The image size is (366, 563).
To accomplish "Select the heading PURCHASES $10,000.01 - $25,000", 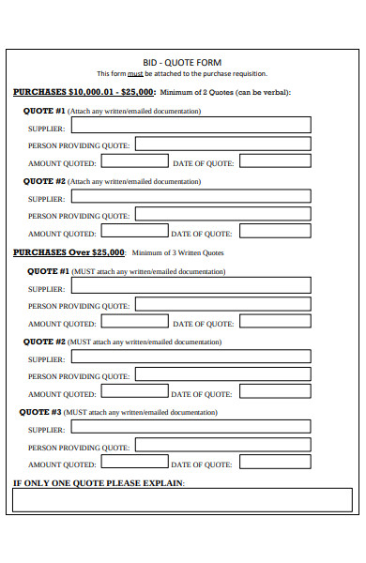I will pyautogui.click(x=84, y=93).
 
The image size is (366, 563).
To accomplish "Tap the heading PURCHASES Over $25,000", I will pyautogui.click(x=69, y=252).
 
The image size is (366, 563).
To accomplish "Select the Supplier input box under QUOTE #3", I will pyautogui.click(x=191, y=429).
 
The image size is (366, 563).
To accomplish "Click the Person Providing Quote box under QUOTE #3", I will pyautogui.click(x=223, y=447).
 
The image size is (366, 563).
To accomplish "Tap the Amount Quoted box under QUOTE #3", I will pyautogui.click(x=133, y=464).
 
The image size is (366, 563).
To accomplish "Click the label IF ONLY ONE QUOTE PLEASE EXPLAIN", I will pyautogui.click(x=99, y=483).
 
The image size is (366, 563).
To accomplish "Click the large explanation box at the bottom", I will pyautogui.click(x=182, y=501).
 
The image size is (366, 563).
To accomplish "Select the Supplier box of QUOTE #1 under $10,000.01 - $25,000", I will pyautogui.click(x=191, y=125).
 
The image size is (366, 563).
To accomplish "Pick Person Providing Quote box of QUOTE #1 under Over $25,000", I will pyautogui.click(x=223, y=305).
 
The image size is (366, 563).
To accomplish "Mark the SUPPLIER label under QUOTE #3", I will pyautogui.click(x=47, y=430).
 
